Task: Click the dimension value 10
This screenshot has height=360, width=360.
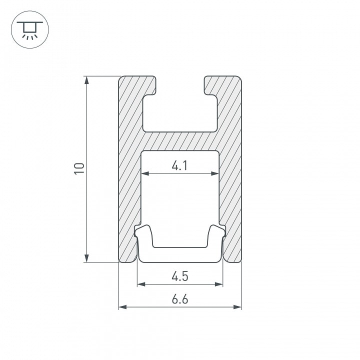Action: [x=79, y=169]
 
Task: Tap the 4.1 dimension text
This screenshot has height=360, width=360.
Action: [x=180, y=165]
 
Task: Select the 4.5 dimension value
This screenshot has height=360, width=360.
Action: [x=180, y=276]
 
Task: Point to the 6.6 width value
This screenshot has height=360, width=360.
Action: [x=180, y=299]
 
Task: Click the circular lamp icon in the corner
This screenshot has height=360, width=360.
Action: [x=30, y=29]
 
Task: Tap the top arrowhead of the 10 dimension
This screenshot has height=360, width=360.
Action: [x=86, y=80]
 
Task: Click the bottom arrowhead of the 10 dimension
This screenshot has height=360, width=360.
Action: [x=86, y=258]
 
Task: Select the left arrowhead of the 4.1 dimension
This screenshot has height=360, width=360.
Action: [x=145, y=173]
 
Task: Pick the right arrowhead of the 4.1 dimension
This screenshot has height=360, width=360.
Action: [x=214, y=173]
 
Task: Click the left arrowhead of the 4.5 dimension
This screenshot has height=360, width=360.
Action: [x=141, y=284]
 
